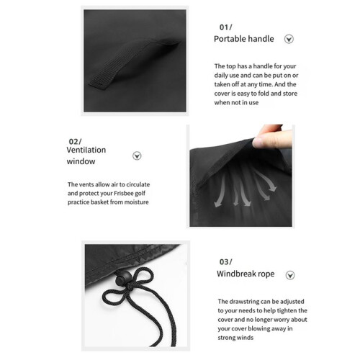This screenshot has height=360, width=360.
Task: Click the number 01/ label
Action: pos(225,27)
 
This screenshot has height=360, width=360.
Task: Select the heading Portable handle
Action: pos(244,39)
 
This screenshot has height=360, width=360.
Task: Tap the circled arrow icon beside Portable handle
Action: pos(289,39)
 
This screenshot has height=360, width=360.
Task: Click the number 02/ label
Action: pos(75,142)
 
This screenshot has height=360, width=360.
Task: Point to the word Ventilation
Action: pos(86,150)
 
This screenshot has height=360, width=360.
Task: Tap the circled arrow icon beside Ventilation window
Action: pos(137,156)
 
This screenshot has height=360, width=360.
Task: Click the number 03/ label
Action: pos(225,262)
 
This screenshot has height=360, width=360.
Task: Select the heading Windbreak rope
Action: pos(246,274)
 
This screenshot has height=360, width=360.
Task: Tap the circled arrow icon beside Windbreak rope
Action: pos(290,275)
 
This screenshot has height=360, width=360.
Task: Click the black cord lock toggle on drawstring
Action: pos(124,278)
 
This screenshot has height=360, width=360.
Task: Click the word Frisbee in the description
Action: pos(124,194)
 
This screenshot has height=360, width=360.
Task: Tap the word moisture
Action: pos(137,202)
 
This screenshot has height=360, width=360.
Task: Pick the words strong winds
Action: pos(235,338)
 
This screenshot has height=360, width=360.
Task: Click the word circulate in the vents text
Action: pos(138,184)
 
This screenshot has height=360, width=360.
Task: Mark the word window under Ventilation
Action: pos(81,161)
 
